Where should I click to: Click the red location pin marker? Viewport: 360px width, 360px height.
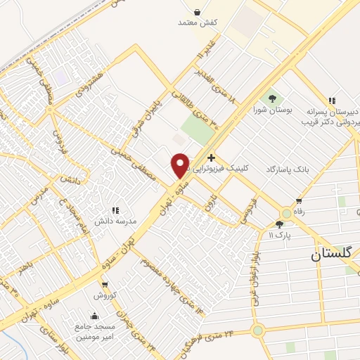coord(180,165)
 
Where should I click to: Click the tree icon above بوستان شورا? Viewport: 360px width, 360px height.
coord(271,98)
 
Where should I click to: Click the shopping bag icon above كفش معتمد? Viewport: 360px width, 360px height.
coord(196,12)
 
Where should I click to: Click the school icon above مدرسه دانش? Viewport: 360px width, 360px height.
coord(116,210)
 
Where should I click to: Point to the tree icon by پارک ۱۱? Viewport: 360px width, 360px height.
coord(280,224)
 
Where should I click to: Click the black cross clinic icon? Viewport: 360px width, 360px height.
coord(211,157)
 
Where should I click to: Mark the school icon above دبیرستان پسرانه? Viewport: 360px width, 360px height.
coord(331,100)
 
